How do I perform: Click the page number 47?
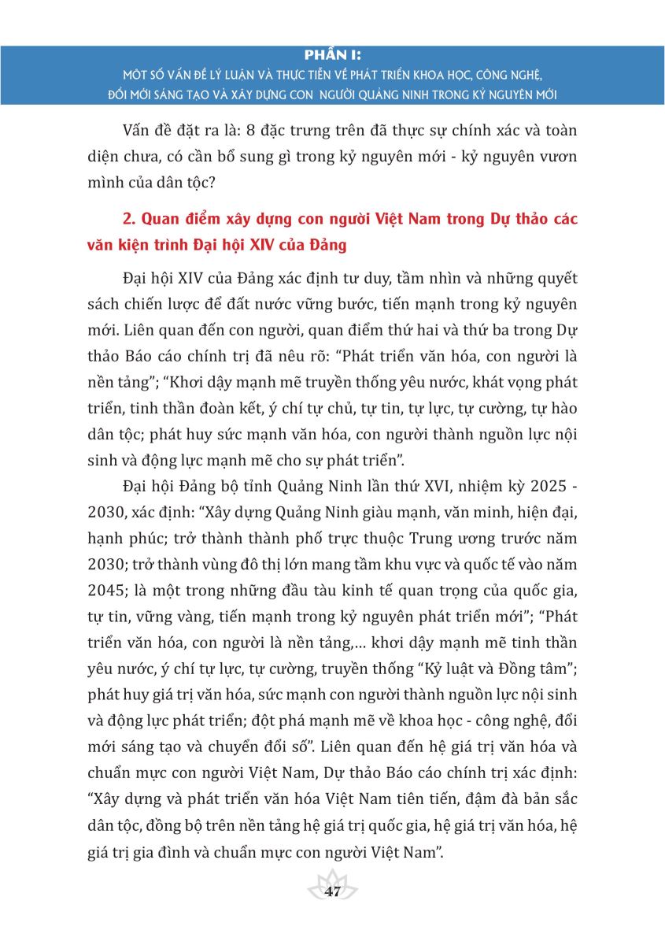click(332, 892)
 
